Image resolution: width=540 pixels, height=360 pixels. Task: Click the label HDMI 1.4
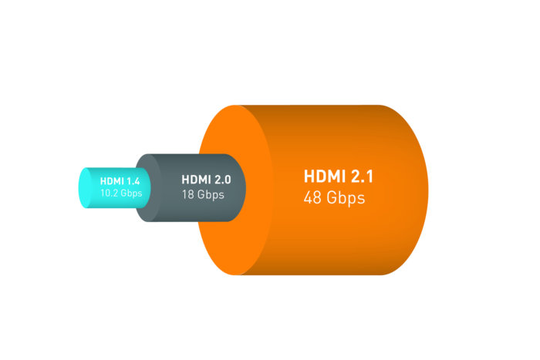pyautogui.click(x=120, y=181)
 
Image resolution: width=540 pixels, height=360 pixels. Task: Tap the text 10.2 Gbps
pyautogui.click(x=121, y=193)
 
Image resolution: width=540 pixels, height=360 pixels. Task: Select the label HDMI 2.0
pyautogui.click(x=206, y=180)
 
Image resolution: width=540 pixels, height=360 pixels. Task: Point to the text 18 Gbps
pyautogui.click(x=203, y=195)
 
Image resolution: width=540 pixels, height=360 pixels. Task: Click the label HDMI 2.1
pyautogui.click(x=339, y=177)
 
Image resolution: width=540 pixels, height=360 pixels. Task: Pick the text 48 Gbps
pyautogui.click(x=334, y=198)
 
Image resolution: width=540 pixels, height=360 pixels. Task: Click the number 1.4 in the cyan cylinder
pyautogui.click(x=133, y=181)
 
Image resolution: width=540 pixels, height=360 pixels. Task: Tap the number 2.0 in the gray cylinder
pyautogui.click(x=222, y=180)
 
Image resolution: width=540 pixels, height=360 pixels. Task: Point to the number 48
pyautogui.click(x=312, y=198)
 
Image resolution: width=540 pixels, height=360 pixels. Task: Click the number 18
pyautogui.click(x=188, y=195)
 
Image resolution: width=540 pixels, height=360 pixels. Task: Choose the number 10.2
pyautogui.click(x=110, y=193)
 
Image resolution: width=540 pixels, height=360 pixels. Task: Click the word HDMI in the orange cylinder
pyautogui.click(x=325, y=177)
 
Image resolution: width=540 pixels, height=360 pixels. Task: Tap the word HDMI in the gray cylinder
pyautogui.click(x=196, y=180)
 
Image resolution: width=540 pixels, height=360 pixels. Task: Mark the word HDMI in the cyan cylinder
pyautogui.click(x=112, y=181)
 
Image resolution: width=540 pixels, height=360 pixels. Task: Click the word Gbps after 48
pyautogui.click(x=346, y=199)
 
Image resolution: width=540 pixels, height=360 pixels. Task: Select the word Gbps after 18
pyautogui.click(x=211, y=195)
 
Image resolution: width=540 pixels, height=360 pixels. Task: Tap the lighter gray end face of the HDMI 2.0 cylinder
pyautogui.click(x=148, y=188)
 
